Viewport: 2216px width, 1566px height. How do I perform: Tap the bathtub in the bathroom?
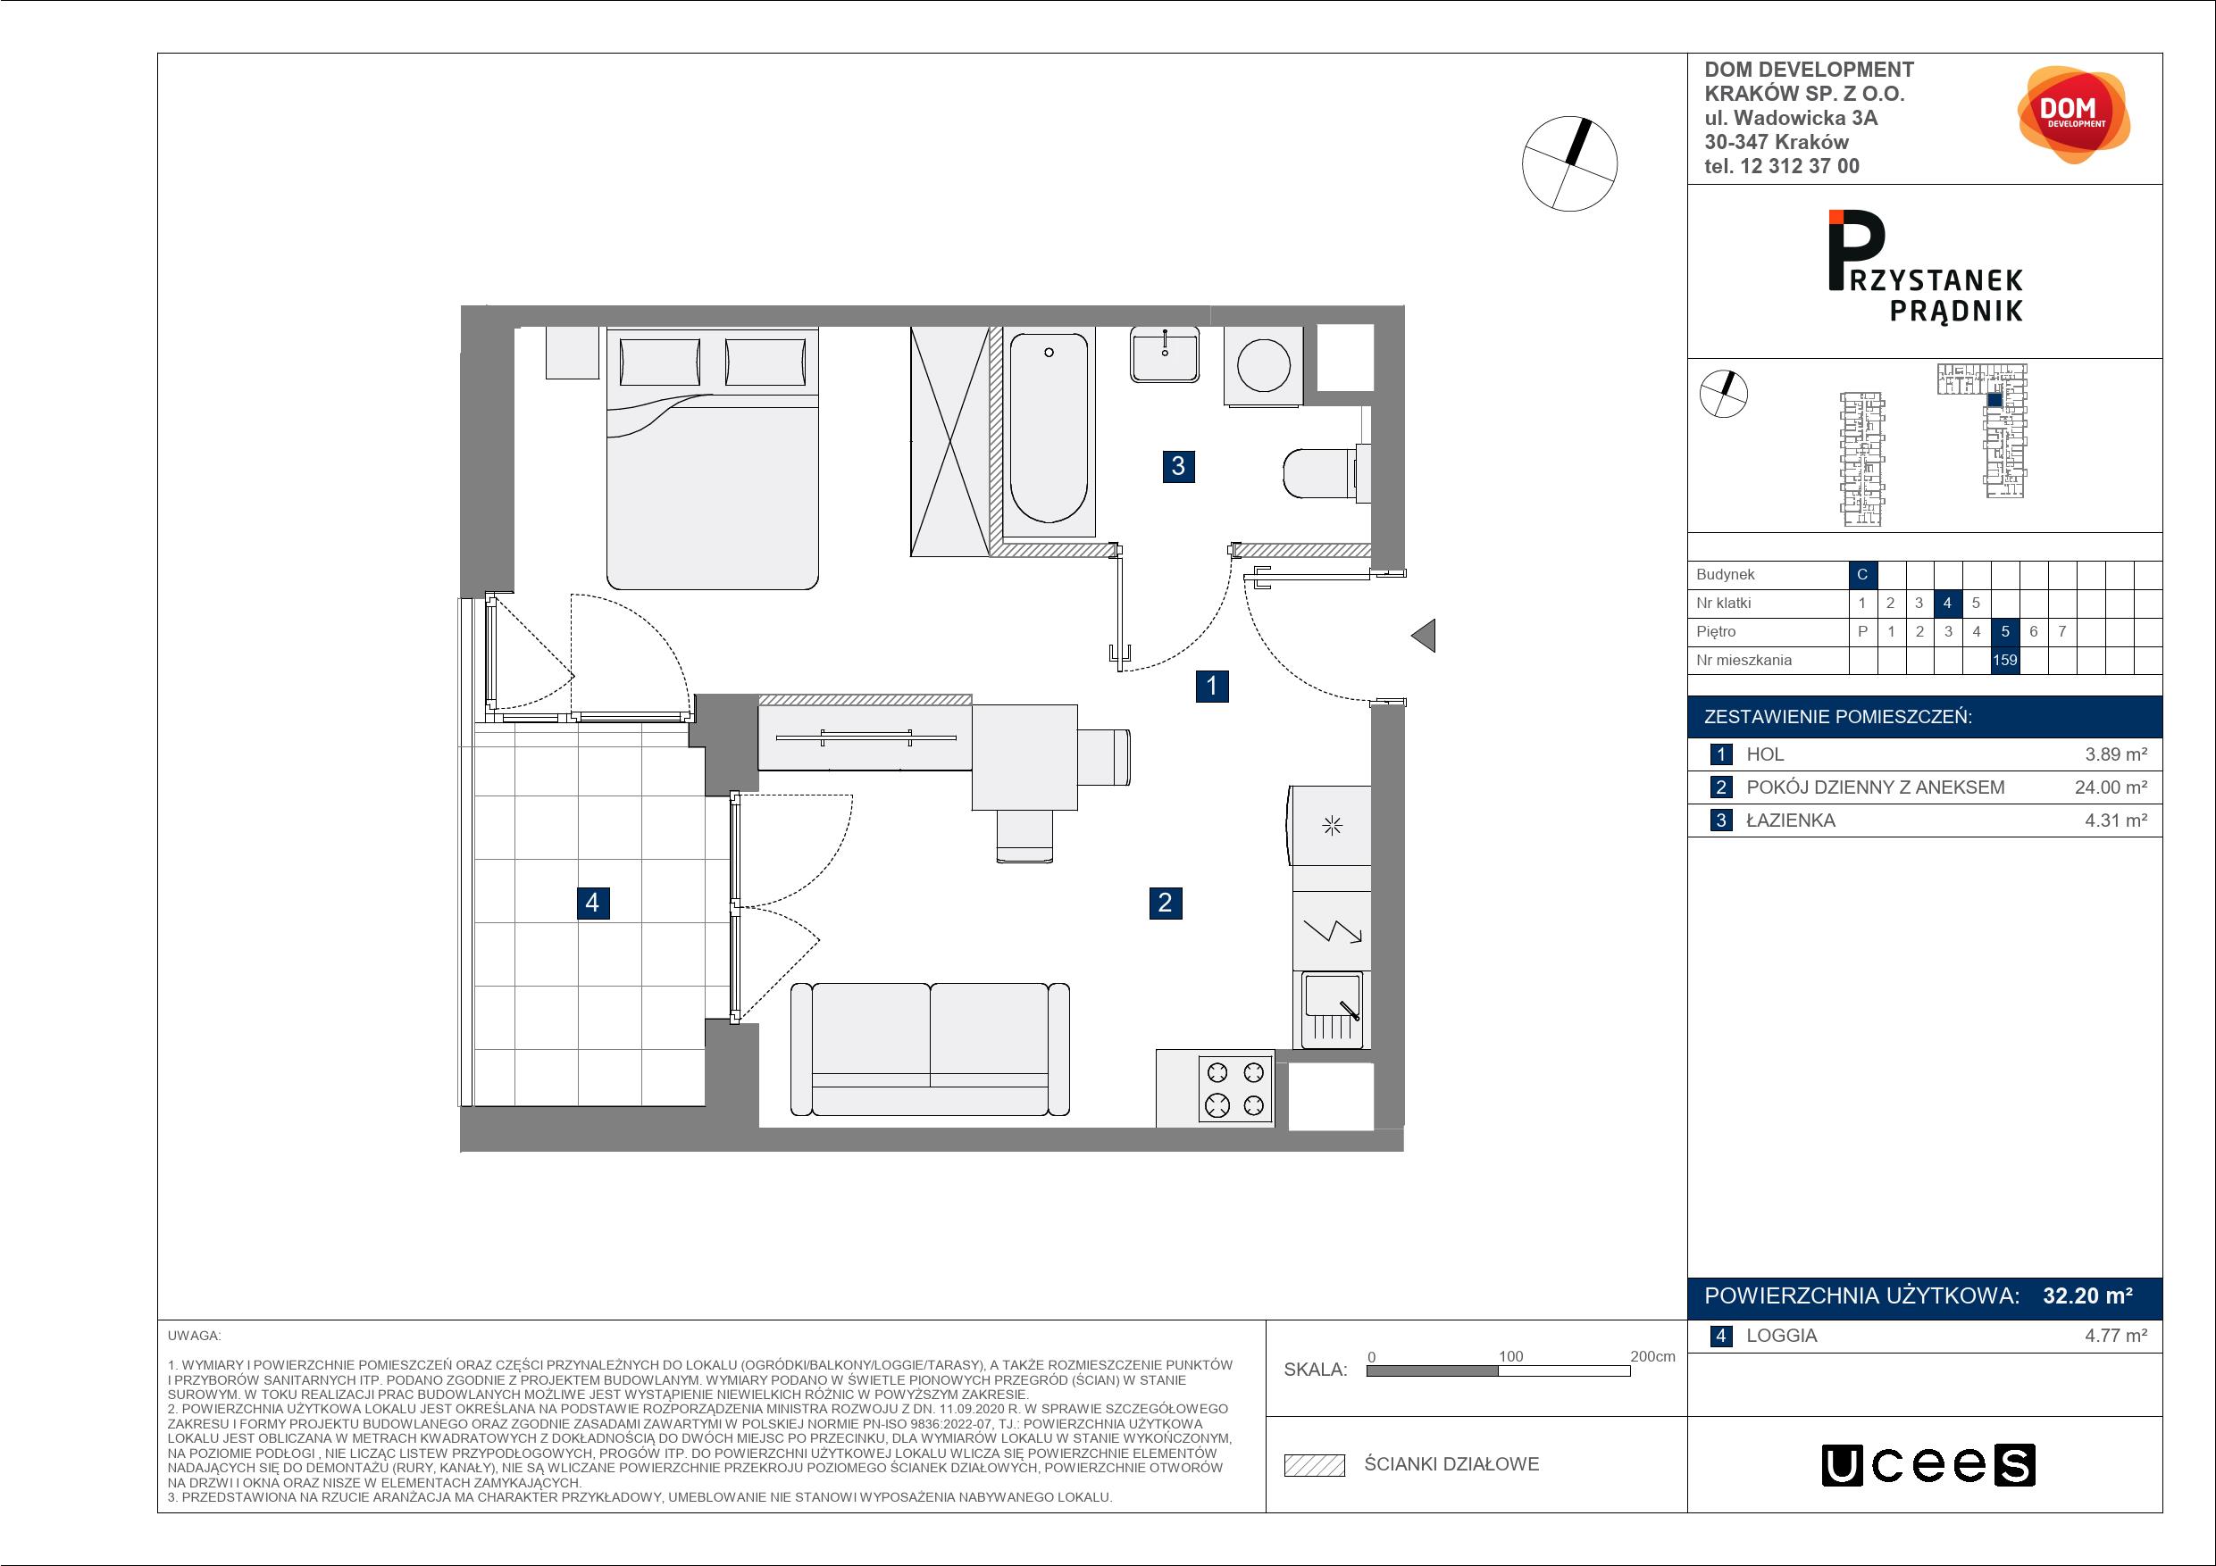[1049, 432]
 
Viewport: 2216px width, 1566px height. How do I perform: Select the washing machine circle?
[1263, 366]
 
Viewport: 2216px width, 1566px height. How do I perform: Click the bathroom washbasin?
[1165, 354]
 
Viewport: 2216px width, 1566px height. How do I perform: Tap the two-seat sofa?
[930, 1049]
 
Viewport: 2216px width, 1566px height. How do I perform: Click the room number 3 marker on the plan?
[1177, 466]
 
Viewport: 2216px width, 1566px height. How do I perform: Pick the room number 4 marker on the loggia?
[592, 902]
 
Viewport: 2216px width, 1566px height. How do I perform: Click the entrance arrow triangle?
[1423, 636]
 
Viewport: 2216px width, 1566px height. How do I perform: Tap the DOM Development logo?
[2073, 115]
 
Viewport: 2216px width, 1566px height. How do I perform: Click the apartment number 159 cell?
[2004, 660]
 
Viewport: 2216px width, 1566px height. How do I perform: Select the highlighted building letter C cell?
[1861, 574]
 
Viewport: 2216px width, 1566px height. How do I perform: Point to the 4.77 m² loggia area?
[2116, 1336]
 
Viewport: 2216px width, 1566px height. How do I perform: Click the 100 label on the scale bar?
[1510, 1355]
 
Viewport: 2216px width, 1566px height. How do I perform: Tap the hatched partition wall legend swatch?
[1315, 1465]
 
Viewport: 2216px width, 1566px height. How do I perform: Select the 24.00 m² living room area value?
[2111, 787]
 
